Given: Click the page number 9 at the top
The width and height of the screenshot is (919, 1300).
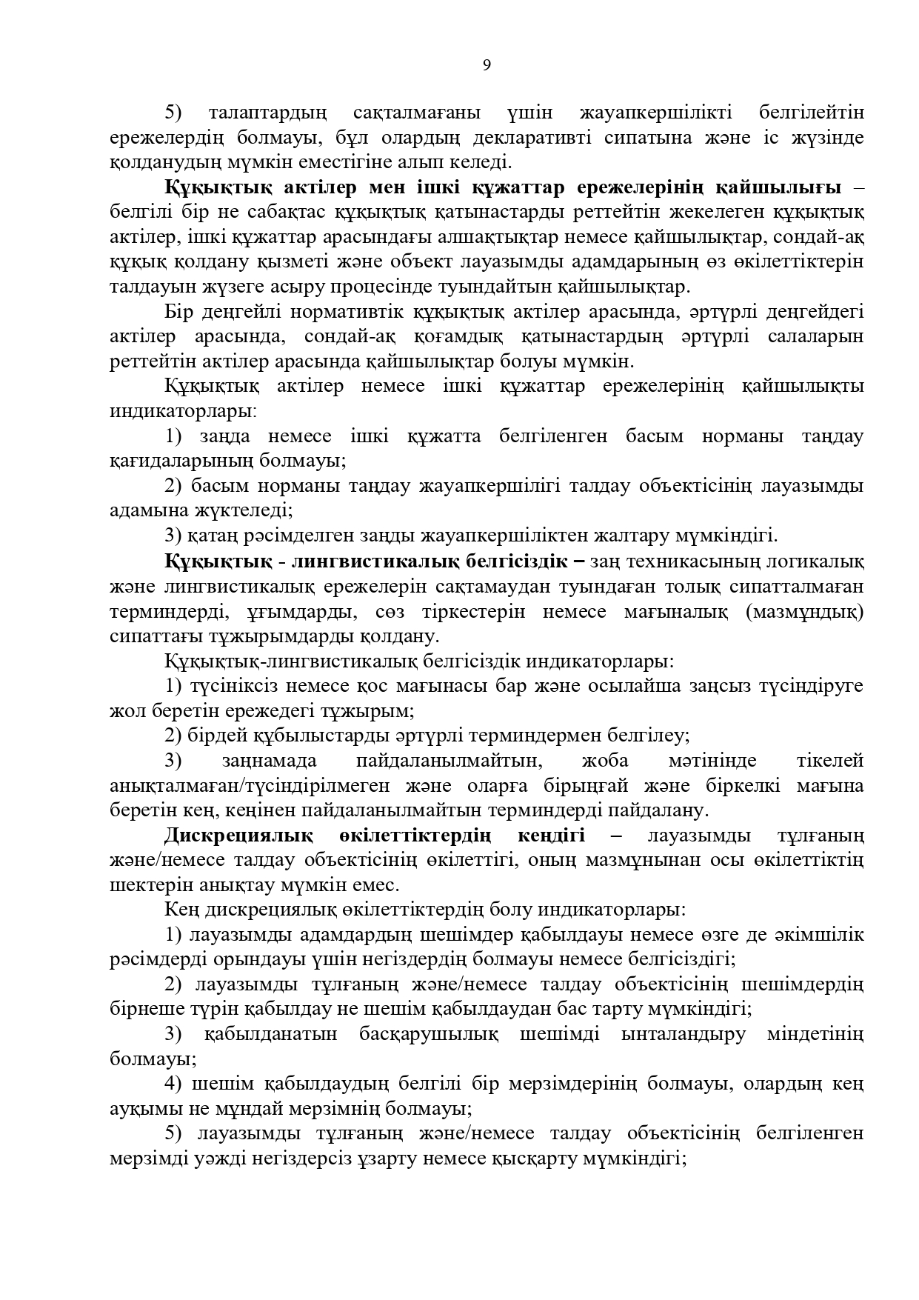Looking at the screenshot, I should pos(487,65).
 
